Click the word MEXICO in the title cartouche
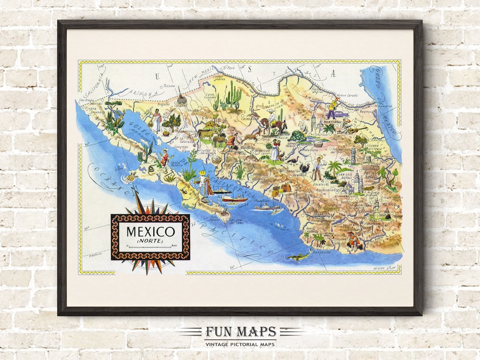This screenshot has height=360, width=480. click(x=150, y=232)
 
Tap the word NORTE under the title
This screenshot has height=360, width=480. click(x=150, y=241)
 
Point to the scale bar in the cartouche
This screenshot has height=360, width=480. click(x=150, y=246)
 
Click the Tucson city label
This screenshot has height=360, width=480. click(x=170, y=86)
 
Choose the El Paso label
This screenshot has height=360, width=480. click(x=228, y=68)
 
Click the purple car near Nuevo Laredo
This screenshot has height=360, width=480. click(x=343, y=114)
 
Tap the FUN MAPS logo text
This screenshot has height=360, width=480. click(x=240, y=332)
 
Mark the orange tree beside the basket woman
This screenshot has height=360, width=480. click(x=171, y=120)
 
